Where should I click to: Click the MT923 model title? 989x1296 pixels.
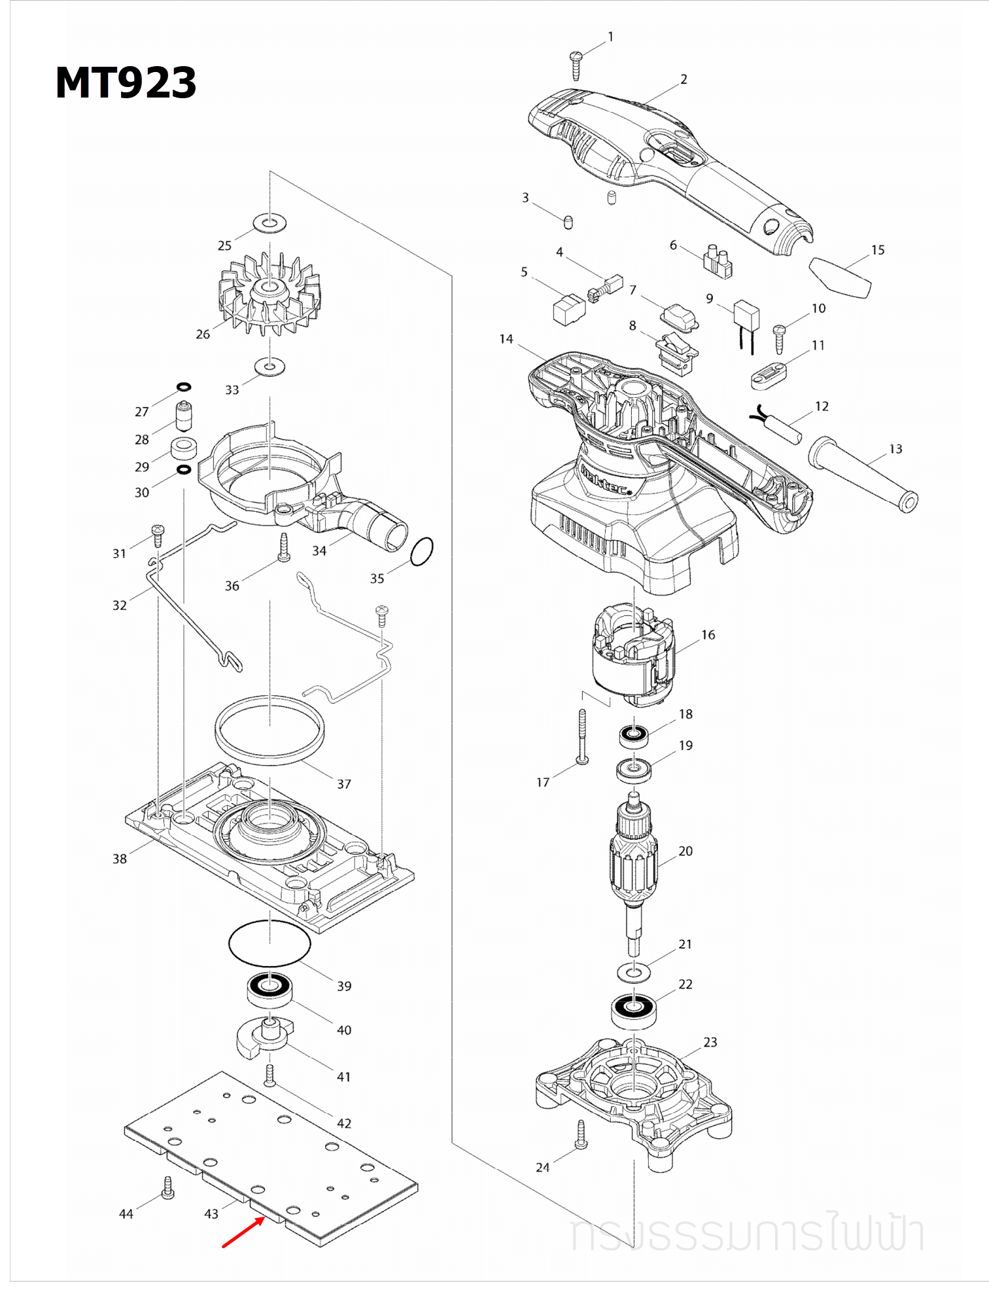(x=126, y=83)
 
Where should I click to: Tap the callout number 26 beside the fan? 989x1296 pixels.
(x=203, y=334)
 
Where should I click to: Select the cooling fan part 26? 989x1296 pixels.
(x=269, y=295)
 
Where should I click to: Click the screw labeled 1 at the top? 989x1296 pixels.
(x=576, y=65)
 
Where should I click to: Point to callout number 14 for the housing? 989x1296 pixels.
(x=506, y=339)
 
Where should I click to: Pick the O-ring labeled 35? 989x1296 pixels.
(x=422, y=551)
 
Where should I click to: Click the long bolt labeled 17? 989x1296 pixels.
(x=582, y=736)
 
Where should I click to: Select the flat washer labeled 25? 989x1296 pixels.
(x=269, y=223)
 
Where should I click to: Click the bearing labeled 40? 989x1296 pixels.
(x=269, y=989)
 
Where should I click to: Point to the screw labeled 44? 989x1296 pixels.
(x=167, y=1187)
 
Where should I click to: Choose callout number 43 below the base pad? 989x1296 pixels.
(x=211, y=1214)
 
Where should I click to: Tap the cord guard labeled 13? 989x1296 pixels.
(x=863, y=475)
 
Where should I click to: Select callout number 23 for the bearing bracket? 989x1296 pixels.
(x=710, y=1042)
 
